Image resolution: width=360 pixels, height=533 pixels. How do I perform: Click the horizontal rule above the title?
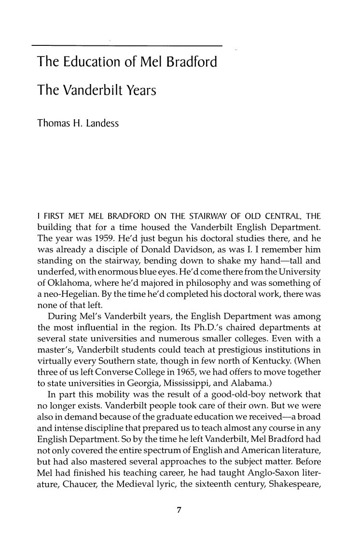[x=126, y=46]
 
